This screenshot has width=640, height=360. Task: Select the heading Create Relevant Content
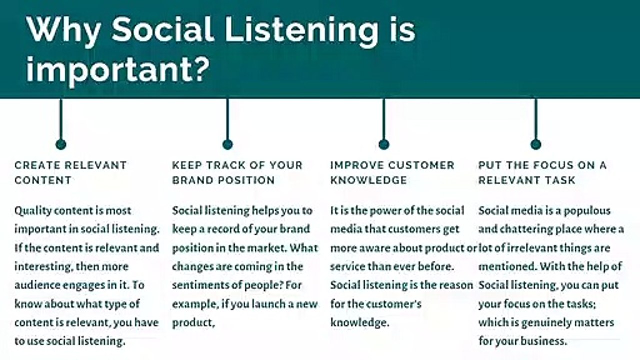[x=71, y=172]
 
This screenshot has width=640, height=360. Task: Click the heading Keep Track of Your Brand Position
[x=237, y=172]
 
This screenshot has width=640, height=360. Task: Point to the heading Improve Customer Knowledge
[x=392, y=172]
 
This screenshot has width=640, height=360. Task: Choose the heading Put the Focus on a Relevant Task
[x=542, y=172]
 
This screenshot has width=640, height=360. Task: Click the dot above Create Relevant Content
[x=61, y=144]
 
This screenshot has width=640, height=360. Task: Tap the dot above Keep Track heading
[x=227, y=144]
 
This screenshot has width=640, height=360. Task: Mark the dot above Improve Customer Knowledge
[x=384, y=144]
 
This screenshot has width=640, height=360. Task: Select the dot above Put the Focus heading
[x=536, y=144]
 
